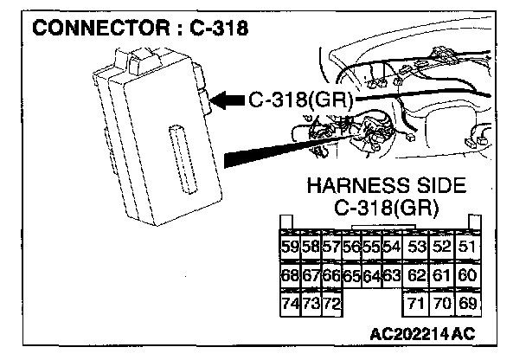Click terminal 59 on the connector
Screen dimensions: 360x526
click(291, 247)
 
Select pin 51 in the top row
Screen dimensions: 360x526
click(468, 247)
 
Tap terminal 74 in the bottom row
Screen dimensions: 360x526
click(291, 304)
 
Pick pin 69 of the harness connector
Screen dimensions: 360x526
click(468, 304)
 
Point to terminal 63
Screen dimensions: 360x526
click(391, 276)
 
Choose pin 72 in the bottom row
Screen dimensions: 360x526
click(331, 304)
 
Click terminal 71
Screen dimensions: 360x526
click(417, 304)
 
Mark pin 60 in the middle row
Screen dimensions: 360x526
click(468, 276)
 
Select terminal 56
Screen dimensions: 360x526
click(351, 247)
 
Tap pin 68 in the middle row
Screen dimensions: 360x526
click(291, 276)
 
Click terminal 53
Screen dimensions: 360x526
click(417, 247)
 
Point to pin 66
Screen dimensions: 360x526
click(331, 276)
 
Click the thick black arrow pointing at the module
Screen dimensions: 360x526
click(228, 101)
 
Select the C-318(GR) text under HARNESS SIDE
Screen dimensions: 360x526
click(386, 209)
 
